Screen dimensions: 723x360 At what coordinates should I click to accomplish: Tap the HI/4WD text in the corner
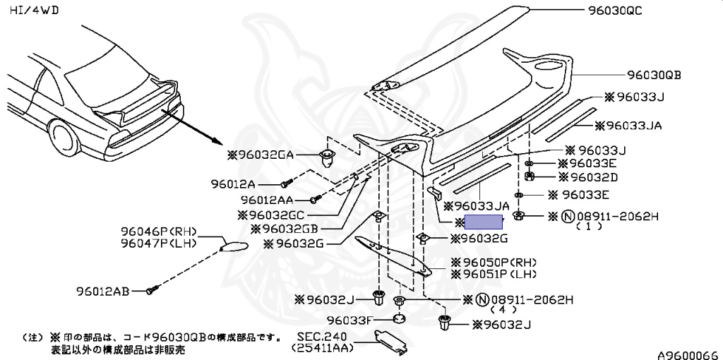[x=34, y=10]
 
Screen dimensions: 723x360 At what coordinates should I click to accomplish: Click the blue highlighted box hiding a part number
[x=483, y=222]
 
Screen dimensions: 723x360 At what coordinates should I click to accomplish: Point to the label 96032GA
[x=261, y=155]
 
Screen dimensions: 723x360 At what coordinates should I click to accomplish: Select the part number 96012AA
[x=267, y=200]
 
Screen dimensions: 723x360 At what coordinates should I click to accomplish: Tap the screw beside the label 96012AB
[x=153, y=290]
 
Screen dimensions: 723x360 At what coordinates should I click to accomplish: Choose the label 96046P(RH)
[x=159, y=232]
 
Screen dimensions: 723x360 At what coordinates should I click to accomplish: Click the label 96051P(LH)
[x=494, y=275]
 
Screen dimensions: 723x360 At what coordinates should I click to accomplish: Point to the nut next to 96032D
[x=530, y=176]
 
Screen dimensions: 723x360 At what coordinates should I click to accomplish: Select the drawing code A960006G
[x=689, y=355]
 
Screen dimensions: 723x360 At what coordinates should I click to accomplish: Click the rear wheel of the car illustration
[x=64, y=137]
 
